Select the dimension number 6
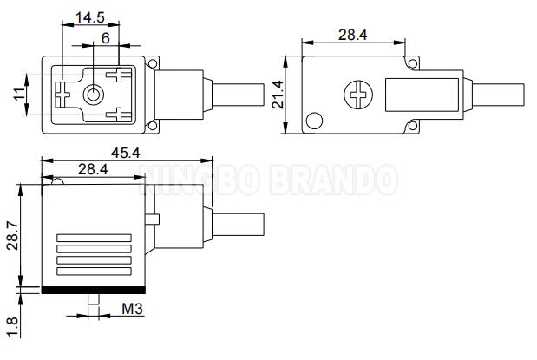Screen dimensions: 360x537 click(x=105, y=37)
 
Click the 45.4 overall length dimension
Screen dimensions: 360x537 click(x=125, y=153)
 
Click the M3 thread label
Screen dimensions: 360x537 click(x=133, y=308)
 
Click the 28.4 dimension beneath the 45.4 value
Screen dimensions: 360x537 click(x=91, y=171)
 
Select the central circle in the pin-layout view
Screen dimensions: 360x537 click(x=93, y=93)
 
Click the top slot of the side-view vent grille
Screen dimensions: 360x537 click(x=94, y=238)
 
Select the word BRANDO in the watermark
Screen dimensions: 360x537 click(x=334, y=180)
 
